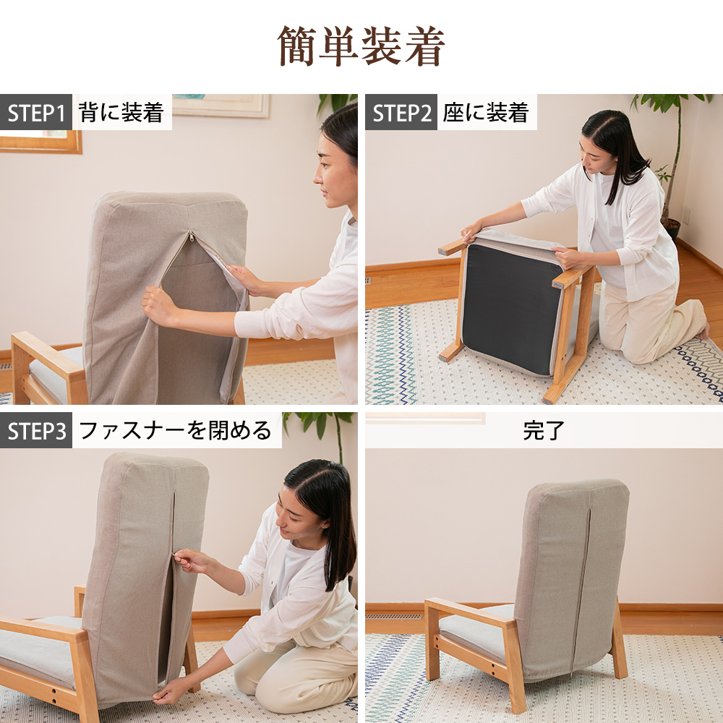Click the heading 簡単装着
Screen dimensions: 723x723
(x=361, y=46)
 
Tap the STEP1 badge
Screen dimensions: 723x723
(x=36, y=113)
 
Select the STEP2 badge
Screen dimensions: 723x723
(x=401, y=113)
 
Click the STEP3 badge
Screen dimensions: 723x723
(x=36, y=431)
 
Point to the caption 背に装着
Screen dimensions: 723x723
(x=121, y=113)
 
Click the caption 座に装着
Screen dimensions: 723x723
(x=486, y=113)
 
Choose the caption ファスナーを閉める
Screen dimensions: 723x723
(x=175, y=431)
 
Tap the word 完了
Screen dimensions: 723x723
(x=543, y=431)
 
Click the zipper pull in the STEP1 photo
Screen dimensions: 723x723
(x=191, y=236)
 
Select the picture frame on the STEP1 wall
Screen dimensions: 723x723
(x=221, y=106)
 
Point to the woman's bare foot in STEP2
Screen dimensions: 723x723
(x=702, y=331)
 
